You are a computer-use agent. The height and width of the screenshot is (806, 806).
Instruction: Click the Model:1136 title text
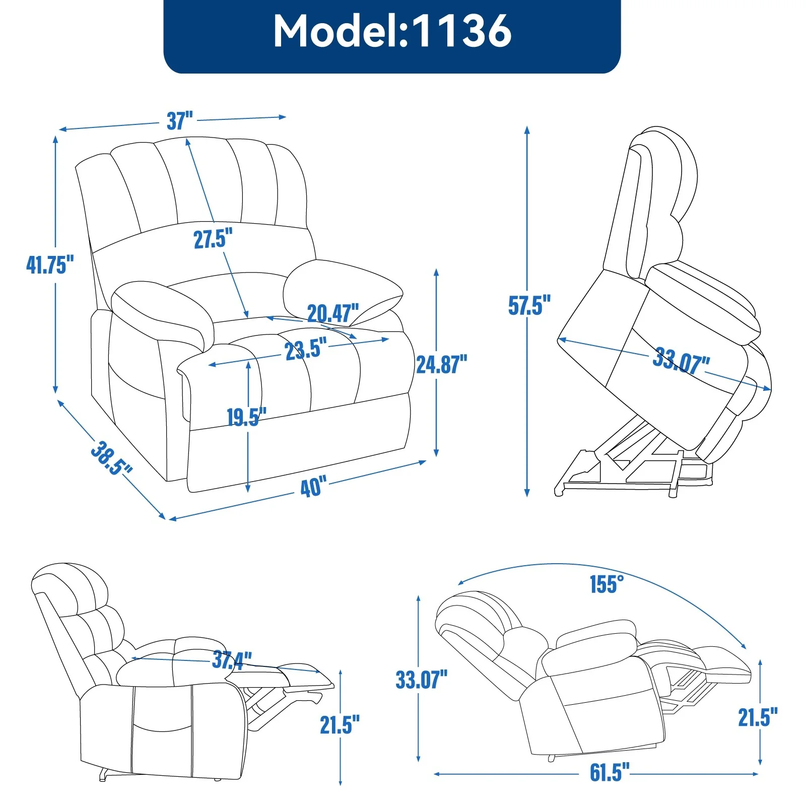click(x=392, y=31)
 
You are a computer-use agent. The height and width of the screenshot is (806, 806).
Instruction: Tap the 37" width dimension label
click(x=180, y=121)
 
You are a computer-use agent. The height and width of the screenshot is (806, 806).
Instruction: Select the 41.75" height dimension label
click(x=50, y=264)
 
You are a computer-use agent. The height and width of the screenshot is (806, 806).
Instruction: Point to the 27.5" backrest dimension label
click(x=213, y=238)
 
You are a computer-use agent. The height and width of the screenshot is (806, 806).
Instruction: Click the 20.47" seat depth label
click(x=333, y=313)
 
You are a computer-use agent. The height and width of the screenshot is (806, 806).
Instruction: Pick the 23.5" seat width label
click(x=305, y=349)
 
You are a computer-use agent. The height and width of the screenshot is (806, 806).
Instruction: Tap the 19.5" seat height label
click(x=246, y=417)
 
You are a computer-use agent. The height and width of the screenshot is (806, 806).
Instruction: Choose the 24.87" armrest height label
click(x=441, y=364)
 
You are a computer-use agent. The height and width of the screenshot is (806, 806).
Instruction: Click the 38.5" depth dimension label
click(x=111, y=458)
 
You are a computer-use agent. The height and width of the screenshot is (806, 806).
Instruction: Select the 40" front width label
click(x=313, y=487)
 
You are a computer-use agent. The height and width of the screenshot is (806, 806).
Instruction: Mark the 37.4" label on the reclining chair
click(x=232, y=659)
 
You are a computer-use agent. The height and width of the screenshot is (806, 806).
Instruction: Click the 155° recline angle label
click(x=607, y=584)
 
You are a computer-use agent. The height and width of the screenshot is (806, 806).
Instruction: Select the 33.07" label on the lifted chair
click(x=681, y=361)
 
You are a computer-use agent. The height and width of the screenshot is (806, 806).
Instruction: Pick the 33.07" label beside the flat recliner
click(x=422, y=680)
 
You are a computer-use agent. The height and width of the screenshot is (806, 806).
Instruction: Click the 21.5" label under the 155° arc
click(x=758, y=717)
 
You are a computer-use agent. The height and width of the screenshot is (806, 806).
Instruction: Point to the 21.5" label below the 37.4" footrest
click(x=340, y=725)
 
